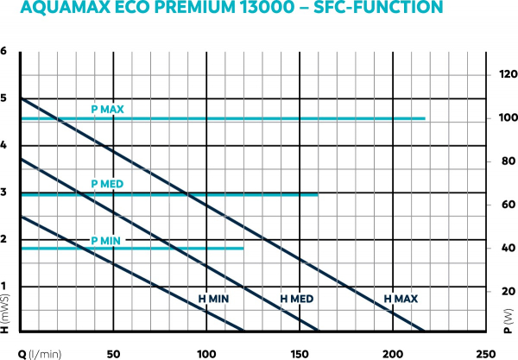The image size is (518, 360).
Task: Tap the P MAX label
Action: (108, 110)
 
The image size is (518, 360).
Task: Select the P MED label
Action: (108, 185)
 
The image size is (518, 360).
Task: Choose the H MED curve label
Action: (297, 299)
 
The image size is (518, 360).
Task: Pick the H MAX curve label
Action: (401, 299)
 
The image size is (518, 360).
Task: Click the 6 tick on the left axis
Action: (5, 52)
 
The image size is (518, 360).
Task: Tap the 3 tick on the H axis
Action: (5, 193)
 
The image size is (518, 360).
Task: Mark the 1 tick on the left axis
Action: (5, 287)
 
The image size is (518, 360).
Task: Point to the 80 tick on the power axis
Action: (506, 162)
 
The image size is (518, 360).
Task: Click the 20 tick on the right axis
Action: (506, 291)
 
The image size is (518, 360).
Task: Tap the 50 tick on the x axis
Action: (113, 353)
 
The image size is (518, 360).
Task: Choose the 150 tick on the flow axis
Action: (299, 353)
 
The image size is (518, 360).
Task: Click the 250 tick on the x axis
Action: (485, 353)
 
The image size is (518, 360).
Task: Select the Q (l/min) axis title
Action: (35, 353)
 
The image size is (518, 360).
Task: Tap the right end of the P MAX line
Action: (424, 118)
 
